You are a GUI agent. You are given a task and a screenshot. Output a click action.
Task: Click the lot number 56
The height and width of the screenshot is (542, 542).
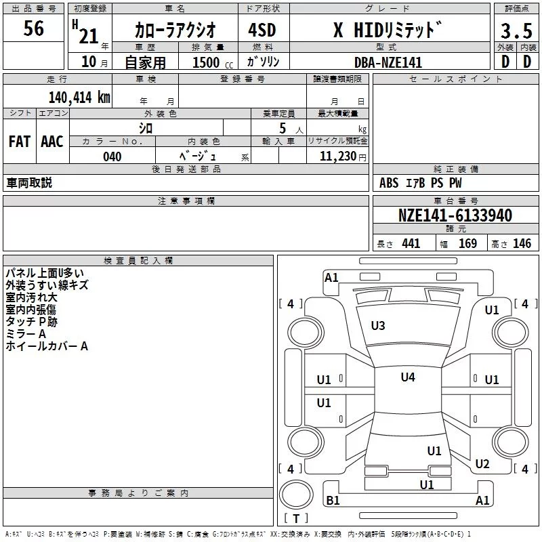point(33,28)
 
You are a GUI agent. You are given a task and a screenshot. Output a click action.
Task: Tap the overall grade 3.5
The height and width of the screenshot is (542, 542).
point(516,30)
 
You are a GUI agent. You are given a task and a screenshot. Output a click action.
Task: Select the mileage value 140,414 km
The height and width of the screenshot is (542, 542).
point(79,98)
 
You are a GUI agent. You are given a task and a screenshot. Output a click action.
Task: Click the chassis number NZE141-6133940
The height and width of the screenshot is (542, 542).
point(455,215)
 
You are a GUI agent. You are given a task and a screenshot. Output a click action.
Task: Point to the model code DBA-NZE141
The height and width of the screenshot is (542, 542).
point(388,62)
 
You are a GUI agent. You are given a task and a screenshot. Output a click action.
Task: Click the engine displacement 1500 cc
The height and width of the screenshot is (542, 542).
point(213,62)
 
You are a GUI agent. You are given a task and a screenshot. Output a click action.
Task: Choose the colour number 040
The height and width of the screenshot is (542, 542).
point(112,157)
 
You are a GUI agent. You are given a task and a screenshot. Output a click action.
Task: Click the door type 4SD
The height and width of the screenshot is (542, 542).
point(262,30)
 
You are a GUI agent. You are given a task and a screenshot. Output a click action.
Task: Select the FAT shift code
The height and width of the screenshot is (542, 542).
point(20,142)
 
